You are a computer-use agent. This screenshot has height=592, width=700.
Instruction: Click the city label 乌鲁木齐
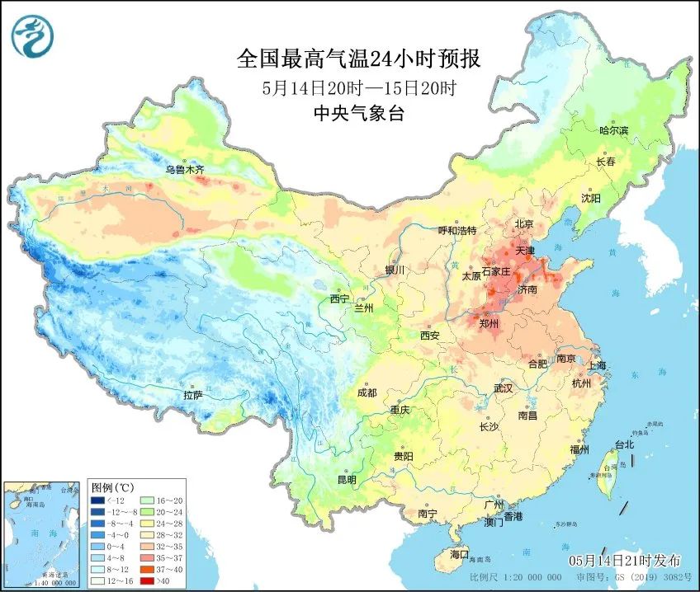click(182, 170)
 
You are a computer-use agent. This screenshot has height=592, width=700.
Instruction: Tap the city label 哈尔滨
click(613, 130)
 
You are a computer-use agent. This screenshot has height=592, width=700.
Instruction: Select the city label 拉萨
click(193, 396)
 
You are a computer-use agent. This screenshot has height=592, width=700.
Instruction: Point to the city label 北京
click(525, 224)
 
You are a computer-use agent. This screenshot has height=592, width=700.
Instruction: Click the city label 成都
click(368, 393)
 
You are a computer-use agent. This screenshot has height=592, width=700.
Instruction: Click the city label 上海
click(595, 365)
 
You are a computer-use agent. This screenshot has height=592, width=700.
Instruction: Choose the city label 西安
click(429, 336)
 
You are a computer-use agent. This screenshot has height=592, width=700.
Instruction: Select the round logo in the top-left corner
click(33, 35)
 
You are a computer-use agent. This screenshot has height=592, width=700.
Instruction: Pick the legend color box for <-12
click(99, 500)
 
